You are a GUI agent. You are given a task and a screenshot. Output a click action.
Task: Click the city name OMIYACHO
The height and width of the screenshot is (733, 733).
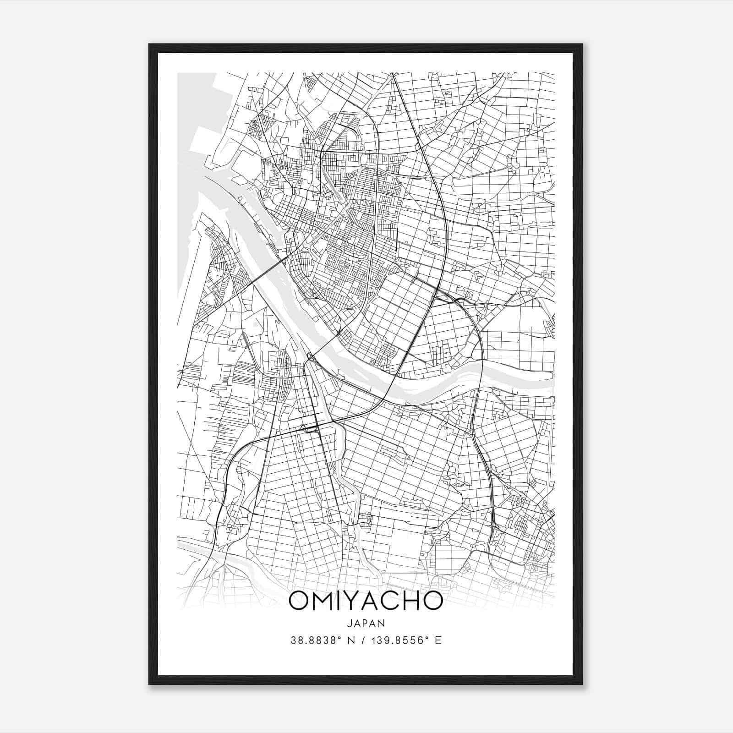tap(366, 602)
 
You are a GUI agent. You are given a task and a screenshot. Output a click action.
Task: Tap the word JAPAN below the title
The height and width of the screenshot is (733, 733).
tap(366, 623)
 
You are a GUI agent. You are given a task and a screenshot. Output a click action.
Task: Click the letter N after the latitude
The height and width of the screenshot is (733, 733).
tap(351, 640)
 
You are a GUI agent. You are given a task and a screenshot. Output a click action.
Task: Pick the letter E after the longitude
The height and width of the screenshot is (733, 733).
tap(438, 640)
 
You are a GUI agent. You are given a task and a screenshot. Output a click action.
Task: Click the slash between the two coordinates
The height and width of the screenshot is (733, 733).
tap(365, 640)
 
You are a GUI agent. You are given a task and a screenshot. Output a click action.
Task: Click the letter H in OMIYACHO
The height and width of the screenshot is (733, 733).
tap(417, 602)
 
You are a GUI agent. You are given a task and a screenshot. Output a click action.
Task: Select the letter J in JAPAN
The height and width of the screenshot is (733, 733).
tap(350, 623)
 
